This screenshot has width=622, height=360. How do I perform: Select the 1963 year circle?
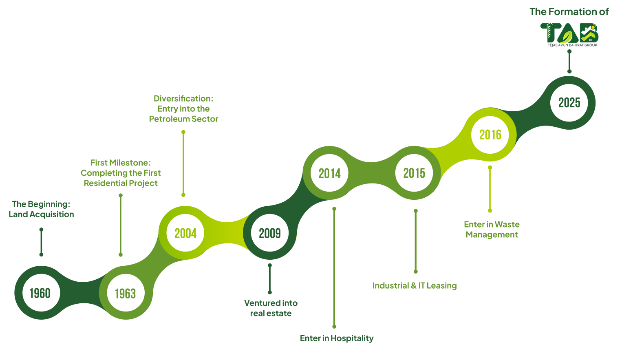[126, 293]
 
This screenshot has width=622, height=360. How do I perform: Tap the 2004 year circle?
[185, 233]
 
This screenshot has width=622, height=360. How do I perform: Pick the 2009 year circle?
[270, 233]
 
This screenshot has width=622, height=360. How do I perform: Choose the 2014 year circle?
[329, 173]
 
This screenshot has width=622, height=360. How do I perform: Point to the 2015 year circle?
[414, 173]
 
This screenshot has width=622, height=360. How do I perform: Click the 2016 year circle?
[490, 135]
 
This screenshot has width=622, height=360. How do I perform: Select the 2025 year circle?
[569, 102]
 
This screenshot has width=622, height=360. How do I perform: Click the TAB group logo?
[569, 34]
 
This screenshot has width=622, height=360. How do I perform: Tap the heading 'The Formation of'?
[569, 12]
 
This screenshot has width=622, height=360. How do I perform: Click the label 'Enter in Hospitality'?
[337, 338]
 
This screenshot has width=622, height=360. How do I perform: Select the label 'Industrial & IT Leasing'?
[415, 285]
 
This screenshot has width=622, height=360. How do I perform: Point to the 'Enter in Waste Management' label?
[492, 230]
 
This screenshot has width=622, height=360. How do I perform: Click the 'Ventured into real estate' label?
[271, 308]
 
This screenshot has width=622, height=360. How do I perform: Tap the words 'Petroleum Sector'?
[184, 119]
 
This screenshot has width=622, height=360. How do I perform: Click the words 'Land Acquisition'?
[41, 214]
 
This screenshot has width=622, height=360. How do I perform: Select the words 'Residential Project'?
[121, 183]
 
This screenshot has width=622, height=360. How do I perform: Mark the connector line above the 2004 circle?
[183, 163]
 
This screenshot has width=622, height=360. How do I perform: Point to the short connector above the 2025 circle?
[569, 61]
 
